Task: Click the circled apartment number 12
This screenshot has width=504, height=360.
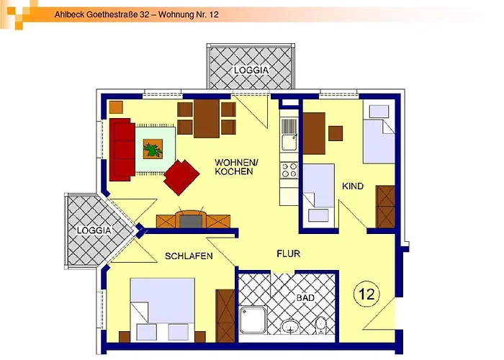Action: [366, 294]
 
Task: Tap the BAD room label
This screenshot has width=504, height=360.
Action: [305, 297]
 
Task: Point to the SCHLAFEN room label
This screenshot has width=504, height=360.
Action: [189, 256]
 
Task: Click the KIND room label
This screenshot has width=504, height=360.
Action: [353, 186]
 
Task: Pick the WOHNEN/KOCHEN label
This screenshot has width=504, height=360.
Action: [233, 167]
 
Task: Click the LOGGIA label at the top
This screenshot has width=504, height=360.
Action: [251, 71]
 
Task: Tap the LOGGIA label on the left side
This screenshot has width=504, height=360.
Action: [94, 230]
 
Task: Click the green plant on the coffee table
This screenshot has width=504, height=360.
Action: [153, 150]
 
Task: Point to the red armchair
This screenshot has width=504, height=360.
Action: [181, 176]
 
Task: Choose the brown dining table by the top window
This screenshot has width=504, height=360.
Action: [207, 117]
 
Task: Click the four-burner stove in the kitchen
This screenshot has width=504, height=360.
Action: [289, 171]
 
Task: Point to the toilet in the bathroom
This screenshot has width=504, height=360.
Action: [321, 327]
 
